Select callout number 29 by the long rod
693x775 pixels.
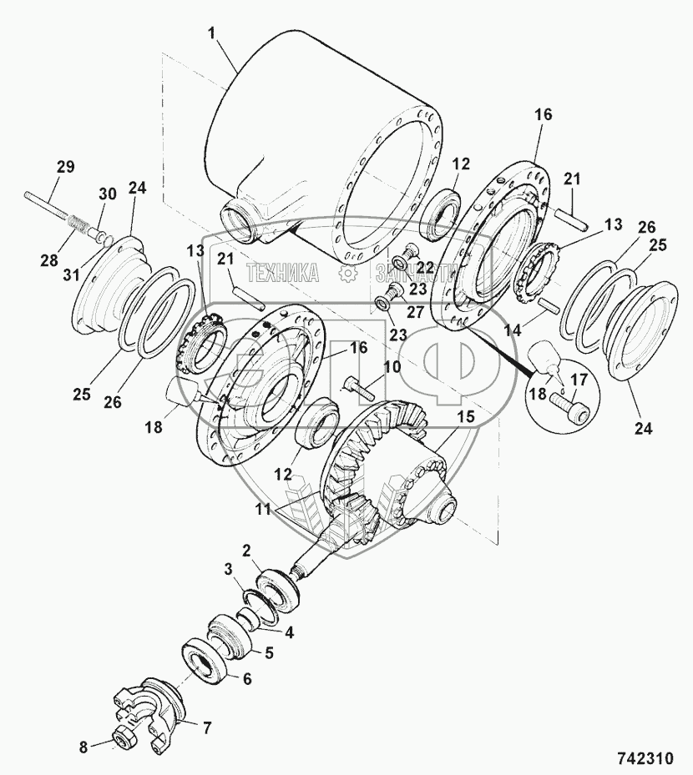[64, 167]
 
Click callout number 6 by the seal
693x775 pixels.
[246, 680]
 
